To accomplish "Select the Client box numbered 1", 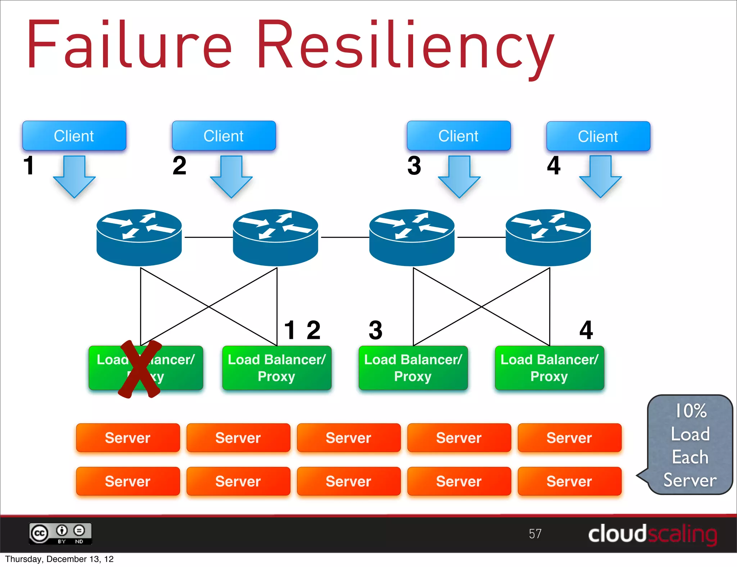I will coord(74,136).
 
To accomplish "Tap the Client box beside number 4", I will coord(598,136).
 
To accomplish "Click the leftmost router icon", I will coord(139,237).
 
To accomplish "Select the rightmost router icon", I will coord(548,237).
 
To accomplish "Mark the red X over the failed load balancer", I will coord(140,369).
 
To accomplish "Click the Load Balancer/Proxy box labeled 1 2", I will coord(276,368).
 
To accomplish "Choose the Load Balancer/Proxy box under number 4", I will coord(549,368).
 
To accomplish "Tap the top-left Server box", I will coord(128,438).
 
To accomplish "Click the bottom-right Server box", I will coord(569,481).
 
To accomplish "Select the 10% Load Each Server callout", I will coord(690,445).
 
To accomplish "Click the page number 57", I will coord(535,534).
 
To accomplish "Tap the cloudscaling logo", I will coord(652,534).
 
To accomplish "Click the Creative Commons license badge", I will coord(60,534).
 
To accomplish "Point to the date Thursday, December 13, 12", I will coord(59,559).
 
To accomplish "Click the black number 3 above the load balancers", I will coord(375,330).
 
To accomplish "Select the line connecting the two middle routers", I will coord(345,237).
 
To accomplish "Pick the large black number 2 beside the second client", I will coord(179,166).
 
